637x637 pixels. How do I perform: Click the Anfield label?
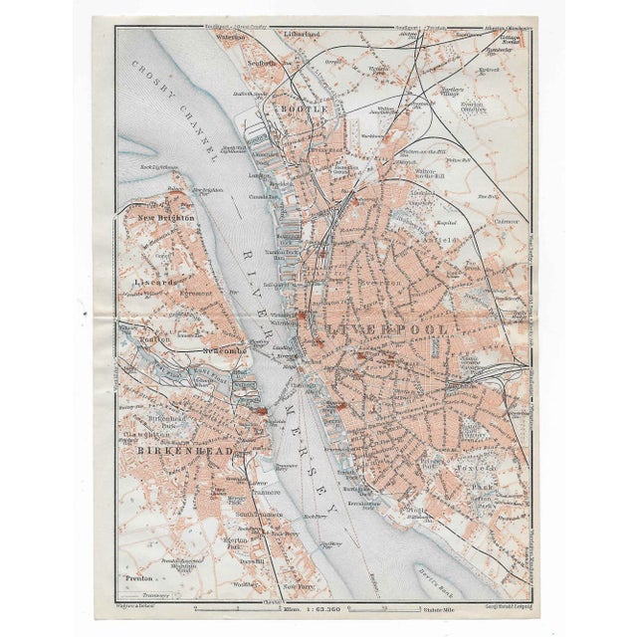pyautogui.click(x=444, y=240)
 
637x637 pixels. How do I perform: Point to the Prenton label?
pyautogui.click(x=137, y=576)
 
